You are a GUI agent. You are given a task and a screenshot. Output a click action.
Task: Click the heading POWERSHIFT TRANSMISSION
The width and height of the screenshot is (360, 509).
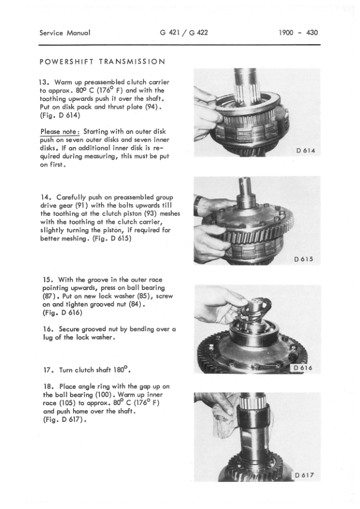tap(103, 62)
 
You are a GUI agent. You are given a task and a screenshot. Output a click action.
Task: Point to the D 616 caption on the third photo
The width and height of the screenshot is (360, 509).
tap(305, 368)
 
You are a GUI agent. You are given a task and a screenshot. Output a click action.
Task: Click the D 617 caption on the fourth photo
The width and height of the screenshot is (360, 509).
tap(305, 476)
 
